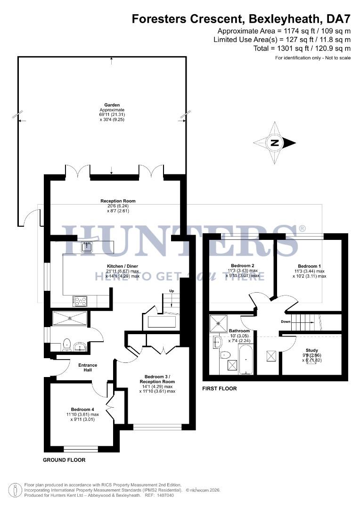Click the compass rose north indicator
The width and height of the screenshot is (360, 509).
[275, 143]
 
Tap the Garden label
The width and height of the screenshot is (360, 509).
[112, 105]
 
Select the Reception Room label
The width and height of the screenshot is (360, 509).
[118, 201]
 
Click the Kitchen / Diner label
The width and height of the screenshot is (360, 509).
[123, 266]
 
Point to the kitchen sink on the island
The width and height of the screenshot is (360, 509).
[87, 246]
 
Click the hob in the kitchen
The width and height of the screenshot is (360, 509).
[79, 300]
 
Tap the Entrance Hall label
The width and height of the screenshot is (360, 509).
[88, 367]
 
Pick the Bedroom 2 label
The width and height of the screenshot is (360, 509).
[243, 265]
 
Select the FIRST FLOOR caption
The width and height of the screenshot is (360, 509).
[219, 389]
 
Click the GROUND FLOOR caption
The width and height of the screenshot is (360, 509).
[64, 460]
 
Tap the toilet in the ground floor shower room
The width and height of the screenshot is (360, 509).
[66, 343]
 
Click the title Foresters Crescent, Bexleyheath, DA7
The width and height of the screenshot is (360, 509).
[241, 19]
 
